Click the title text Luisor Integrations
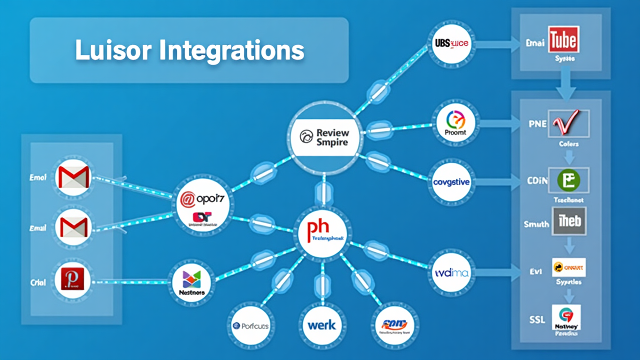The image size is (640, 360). click(x=189, y=50)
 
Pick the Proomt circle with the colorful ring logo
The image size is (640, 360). click(x=455, y=122)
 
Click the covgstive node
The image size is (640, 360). click(x=451, y=182)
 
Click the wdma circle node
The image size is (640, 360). click(x=451, y=273)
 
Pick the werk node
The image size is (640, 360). click(x=322, y=325)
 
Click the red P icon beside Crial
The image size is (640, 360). click(x=74, y=279)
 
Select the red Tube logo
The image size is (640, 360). click(x=563, y=40)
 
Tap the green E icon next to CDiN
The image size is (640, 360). click(x=568, y=180)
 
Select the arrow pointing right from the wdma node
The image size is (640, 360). click(x=496, y=273)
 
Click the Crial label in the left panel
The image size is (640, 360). click(x=38, y=282)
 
